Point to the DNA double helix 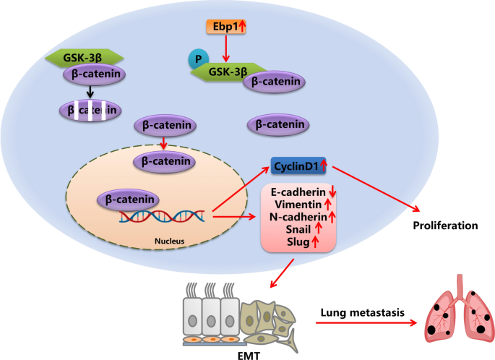[165, 215]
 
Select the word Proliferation [445, 226]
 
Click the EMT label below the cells [228, 352]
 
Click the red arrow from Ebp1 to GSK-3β [225, 51]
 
